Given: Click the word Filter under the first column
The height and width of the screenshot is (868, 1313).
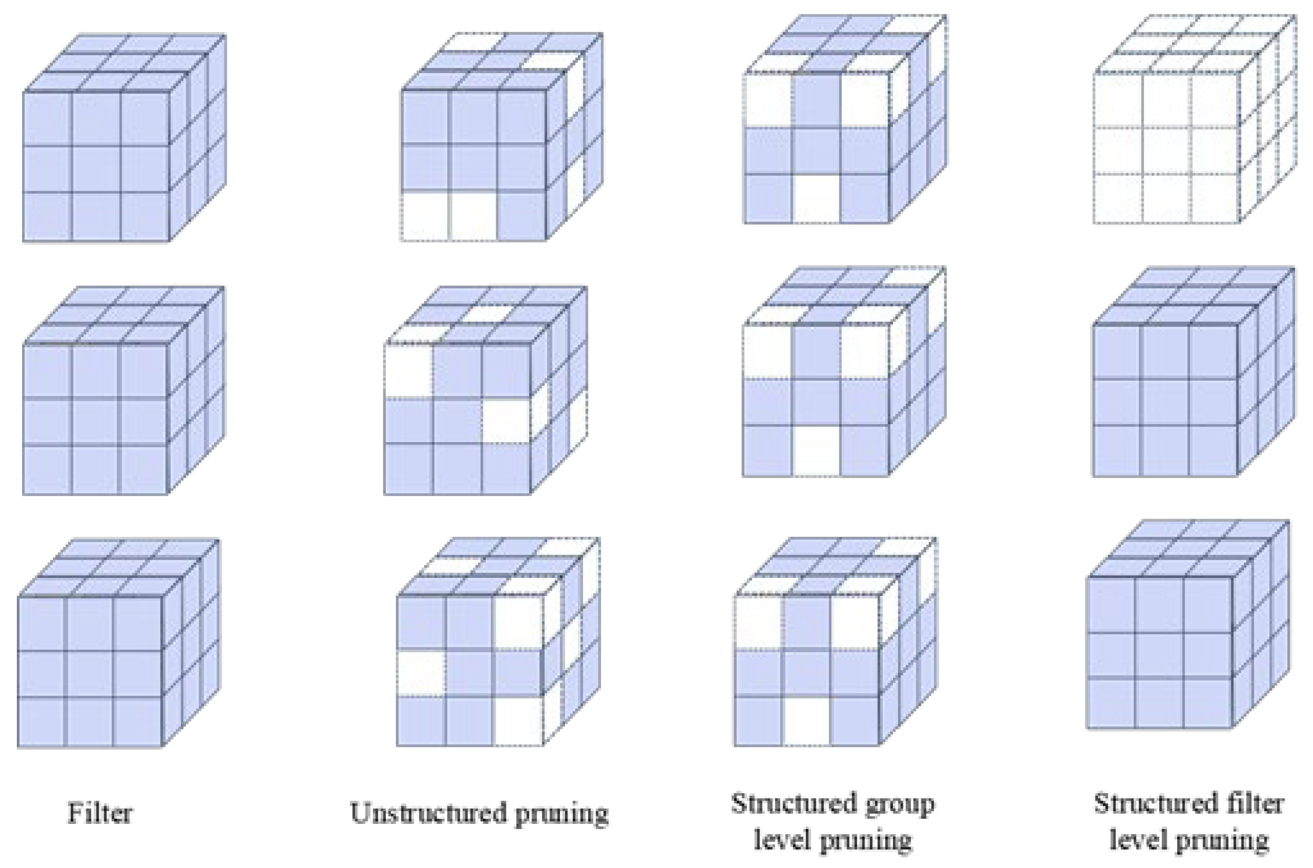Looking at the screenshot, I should point(100,813).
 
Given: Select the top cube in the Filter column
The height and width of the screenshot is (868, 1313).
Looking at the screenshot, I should point(122,139).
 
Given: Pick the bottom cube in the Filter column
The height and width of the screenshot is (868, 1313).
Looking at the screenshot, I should point(116,644).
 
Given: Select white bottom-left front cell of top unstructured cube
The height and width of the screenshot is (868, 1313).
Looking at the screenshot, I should point(424,216).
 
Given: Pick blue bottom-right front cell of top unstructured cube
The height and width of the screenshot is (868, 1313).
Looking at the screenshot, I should point(521,216).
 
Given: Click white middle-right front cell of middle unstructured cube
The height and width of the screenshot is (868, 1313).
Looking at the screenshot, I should point(506,421).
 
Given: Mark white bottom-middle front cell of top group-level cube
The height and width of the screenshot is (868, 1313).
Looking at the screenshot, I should point(816,198).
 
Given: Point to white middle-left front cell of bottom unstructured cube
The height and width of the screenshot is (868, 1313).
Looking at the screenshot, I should point(421,673).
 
